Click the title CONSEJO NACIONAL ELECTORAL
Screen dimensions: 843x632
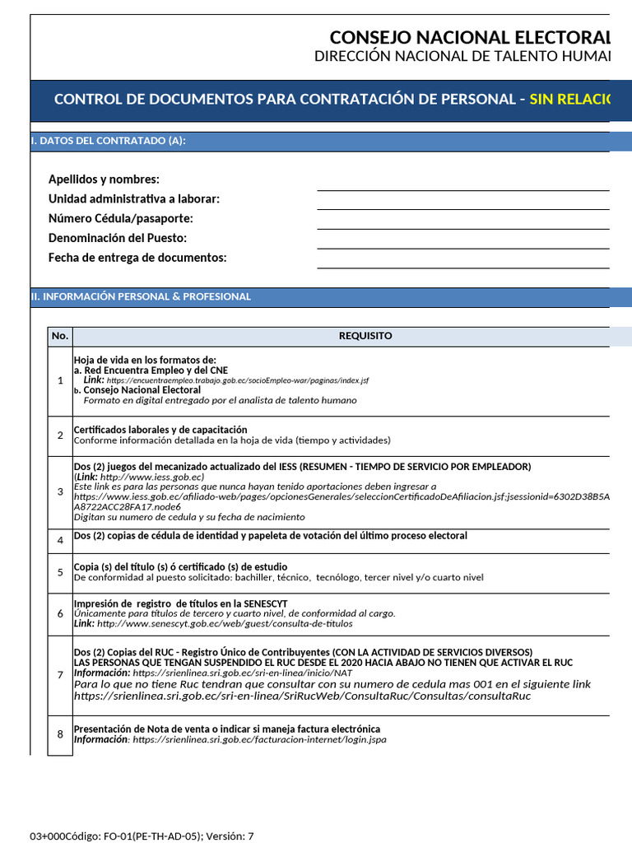(470, 38)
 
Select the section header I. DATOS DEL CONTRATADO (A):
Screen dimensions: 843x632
(109, 142)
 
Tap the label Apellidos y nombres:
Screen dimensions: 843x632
(104, 179)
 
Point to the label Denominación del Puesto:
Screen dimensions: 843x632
(118, 238)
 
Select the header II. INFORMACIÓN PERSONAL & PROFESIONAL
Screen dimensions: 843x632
(141, 296)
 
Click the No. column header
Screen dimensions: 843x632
(60, 336)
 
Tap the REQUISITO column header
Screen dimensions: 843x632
(365, 336)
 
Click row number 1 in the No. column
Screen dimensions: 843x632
(60, 380)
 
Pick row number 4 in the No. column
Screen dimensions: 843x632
(60, 541)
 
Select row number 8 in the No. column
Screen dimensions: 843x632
(60, 735)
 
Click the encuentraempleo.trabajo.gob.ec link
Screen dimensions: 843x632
(237, 381)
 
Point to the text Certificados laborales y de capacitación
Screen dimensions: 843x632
(160, 430)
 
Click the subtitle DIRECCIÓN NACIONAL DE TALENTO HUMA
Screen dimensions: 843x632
(462, 56)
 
